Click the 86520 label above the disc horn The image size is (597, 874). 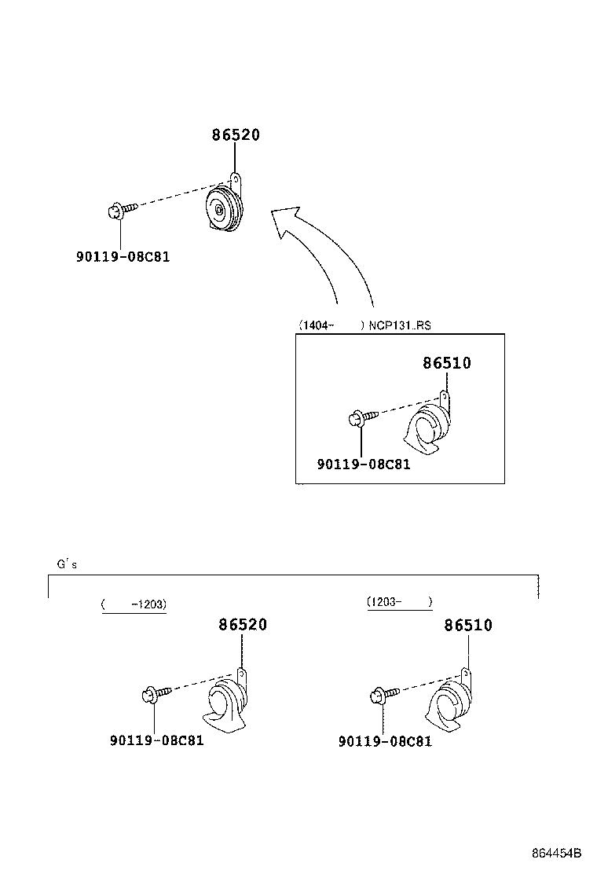coord(235,135)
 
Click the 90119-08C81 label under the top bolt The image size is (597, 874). coord(123,256)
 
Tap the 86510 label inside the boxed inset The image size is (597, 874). coord(447,363)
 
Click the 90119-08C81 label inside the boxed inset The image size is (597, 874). coord(364,465)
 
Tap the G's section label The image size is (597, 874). coord(67,564)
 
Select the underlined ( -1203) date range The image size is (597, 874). coord(134,604)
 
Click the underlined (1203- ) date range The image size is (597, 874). coord(399,602)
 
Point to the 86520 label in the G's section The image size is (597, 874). coord(243,625)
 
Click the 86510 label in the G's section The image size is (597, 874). coord(468,626)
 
